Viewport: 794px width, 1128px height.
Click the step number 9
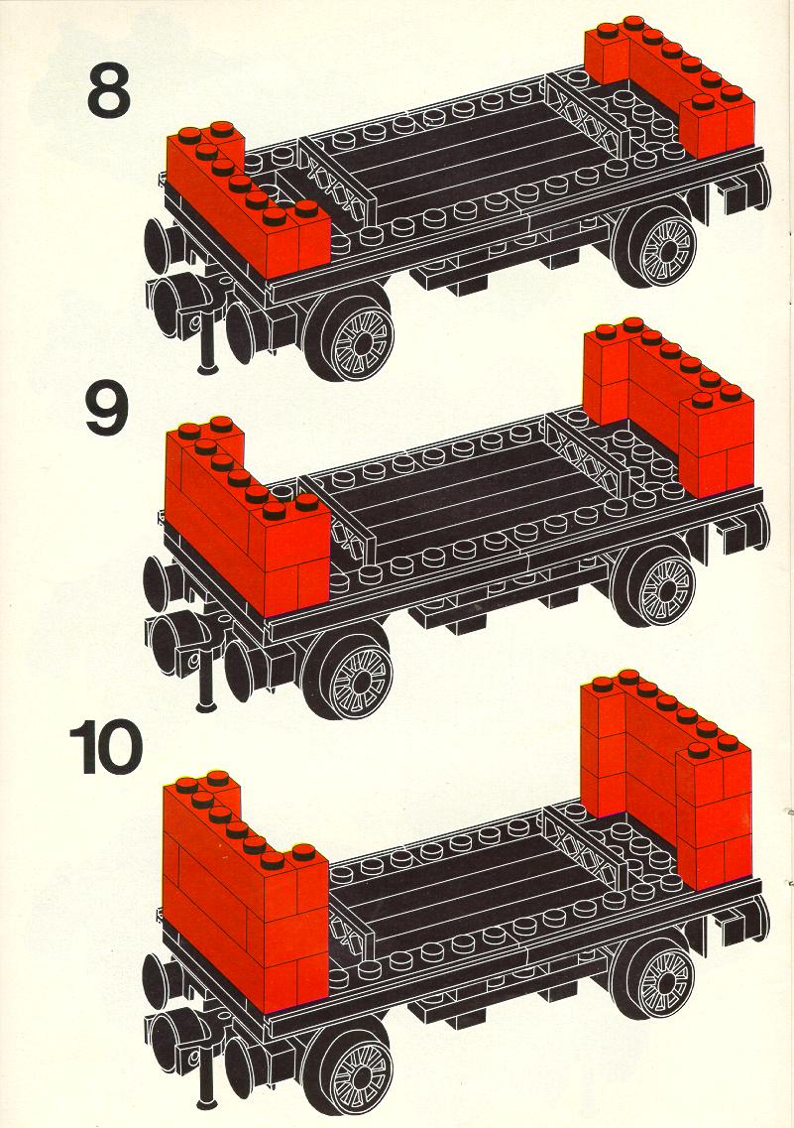107,407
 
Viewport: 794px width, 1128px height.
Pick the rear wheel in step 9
656,582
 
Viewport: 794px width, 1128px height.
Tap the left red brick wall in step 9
247,517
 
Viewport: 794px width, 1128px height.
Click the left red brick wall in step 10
245,892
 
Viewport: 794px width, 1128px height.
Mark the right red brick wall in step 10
666,781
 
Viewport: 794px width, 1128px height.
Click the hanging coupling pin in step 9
207,681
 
